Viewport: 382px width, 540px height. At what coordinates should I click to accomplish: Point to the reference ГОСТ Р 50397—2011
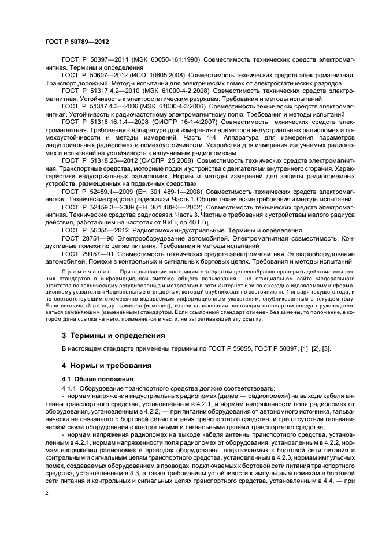click(93, 61)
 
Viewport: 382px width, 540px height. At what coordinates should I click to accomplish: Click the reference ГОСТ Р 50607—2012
click(93, 76)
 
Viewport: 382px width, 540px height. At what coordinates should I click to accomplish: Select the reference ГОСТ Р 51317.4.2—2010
click(99, 91)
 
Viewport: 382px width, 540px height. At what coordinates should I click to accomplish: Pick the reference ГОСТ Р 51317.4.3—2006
click(98, 106)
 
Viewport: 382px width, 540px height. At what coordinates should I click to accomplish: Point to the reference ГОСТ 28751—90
click(87, 237)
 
